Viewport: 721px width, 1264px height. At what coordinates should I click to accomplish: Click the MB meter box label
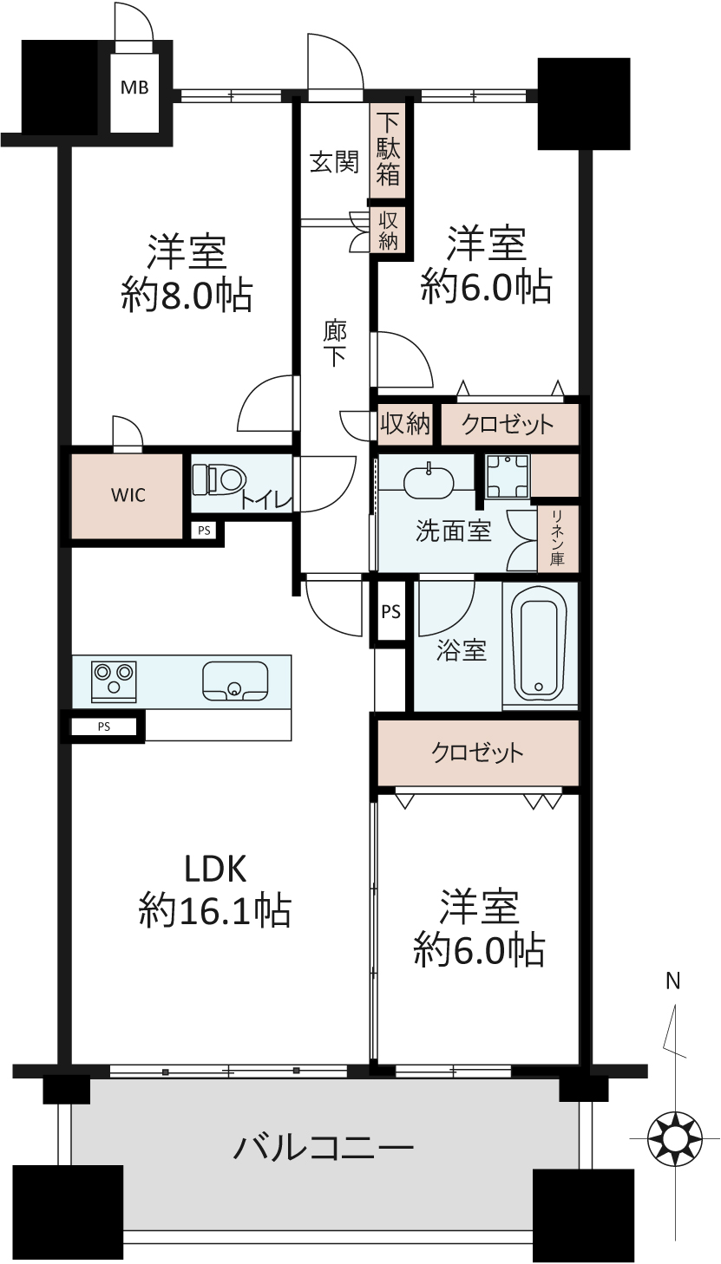tap(135, 88)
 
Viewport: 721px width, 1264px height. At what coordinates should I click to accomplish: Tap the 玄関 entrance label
tap(334, 162)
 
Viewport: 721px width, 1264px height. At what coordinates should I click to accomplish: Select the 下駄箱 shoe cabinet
tap(389, 149)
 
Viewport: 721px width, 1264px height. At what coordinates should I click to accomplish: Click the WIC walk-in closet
tap(127, 495)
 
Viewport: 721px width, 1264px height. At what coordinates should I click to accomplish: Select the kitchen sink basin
tap(235, 680)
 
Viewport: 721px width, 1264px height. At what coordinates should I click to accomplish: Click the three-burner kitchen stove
tap(114, 681)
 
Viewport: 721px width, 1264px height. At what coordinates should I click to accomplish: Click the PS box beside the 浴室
tap(390, 611)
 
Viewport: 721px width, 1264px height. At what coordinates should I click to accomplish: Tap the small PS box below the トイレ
tap(204, 531)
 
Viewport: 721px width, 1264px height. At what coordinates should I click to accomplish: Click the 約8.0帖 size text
tap(187, 295)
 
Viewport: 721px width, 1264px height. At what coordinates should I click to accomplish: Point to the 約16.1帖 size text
tap(215, 909)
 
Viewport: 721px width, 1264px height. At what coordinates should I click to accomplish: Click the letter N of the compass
tap(672, 982)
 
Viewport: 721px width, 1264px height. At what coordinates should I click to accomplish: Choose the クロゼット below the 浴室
tap(478, 753)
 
